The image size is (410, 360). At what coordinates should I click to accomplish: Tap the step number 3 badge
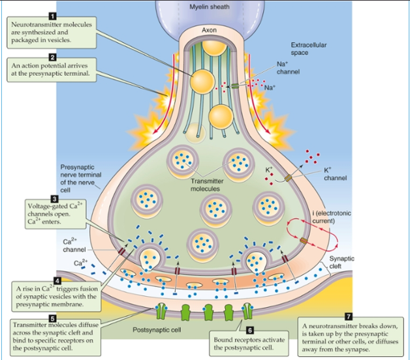click(x=53, y=198)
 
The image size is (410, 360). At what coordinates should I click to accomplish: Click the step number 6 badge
click(x=249, y=331)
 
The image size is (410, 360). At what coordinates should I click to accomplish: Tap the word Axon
click(x=209, y=30)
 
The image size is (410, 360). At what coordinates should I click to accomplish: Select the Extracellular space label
click(x=308, y=48)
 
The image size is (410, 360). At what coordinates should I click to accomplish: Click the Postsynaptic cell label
click(x=157, y=330)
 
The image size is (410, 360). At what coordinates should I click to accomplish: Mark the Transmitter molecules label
click(x=207, y=185)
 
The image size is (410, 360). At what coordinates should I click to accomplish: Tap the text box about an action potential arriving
click(x=50, y=70)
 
